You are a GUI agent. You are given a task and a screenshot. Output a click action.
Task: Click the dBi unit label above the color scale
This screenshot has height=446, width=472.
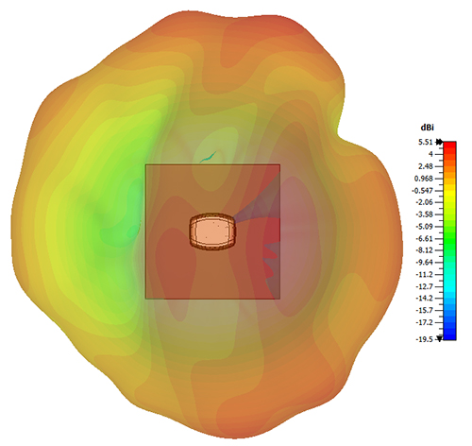point(427,128)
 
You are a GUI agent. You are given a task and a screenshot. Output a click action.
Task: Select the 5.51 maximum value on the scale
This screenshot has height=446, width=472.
point(426,143)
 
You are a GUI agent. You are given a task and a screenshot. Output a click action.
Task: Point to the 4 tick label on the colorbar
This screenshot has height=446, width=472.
point(430,154)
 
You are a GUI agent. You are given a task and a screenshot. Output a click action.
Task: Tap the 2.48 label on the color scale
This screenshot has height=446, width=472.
point(426,166)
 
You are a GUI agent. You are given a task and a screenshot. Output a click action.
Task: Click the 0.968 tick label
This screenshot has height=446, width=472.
point(424,179)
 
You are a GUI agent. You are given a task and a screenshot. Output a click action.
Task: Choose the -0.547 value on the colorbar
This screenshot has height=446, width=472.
point(423,191)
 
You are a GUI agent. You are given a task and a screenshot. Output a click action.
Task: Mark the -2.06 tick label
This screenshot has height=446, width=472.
point(425,202)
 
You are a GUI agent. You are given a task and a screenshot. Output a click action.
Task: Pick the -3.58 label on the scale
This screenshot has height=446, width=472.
point(425,214)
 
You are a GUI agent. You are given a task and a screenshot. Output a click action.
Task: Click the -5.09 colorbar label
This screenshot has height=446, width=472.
point(425,227)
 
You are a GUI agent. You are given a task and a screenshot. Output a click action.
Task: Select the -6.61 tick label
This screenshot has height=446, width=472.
point(425,238)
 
